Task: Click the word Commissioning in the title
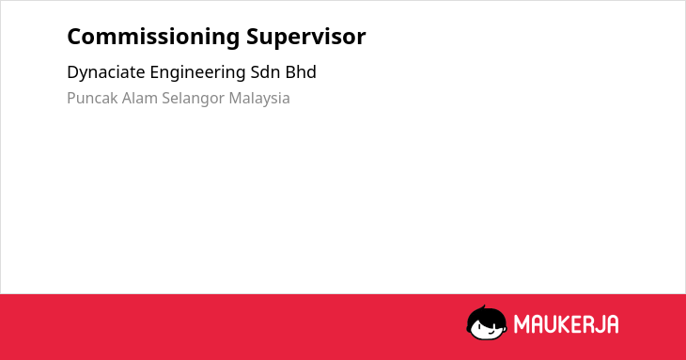pos(153,38)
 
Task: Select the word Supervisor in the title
pos(305,38)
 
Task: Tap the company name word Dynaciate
pos(106,72)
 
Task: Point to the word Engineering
pos(197,72)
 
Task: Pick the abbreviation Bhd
pos(301,72)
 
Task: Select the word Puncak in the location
pos(92,98)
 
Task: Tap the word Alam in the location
pos(140,98)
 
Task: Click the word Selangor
pos(193,99)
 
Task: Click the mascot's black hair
pos(486,316)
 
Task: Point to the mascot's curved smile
pos(491,332)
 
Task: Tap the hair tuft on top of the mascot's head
pos(483,307)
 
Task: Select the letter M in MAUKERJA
pos(522,324)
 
